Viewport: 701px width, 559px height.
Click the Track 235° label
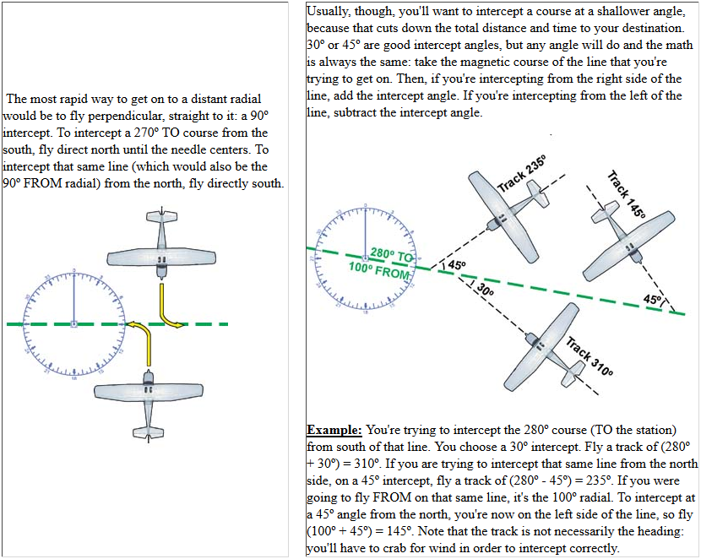pyautogui.click(x=522, y=173)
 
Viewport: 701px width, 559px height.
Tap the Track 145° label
pyautogui.click(x=626, y=195)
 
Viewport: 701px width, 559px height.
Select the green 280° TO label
pyautogui.click(x=392, y=255)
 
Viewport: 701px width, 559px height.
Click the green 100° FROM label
pyautogui.click(x=378, y=271)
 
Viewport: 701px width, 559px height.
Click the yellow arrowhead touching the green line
pyautogui.click(x=133, y=323)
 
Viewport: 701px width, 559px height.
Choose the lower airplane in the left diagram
pyautogui.click(x=147, y=393)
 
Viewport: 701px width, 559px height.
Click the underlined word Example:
pyautogui.click(x=334, y=430)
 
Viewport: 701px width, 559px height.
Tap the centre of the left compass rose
pyautogui.click(x=74, y=323)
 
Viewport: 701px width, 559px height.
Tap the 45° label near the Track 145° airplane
pyautogui.click(x=652, y=300)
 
